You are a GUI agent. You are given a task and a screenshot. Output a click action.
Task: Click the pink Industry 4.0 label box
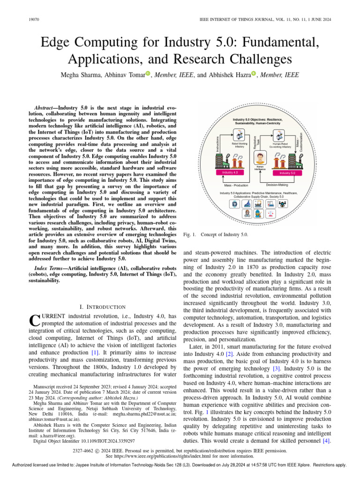[230, 173]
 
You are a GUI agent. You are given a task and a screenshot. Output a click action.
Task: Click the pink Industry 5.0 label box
[287, 173]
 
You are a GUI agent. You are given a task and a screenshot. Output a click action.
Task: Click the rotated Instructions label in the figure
[217, 140]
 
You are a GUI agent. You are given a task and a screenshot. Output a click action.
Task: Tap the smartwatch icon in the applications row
[234, 203]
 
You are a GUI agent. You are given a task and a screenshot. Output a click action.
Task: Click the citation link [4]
[327, 441]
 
